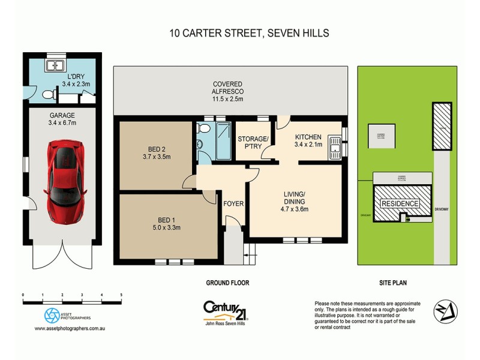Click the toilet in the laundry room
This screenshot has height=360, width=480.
coord(48,94)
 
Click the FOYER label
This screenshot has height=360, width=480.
coord(233,204)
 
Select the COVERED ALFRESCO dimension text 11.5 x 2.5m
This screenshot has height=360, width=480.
coord(231,99)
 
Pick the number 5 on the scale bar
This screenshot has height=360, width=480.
coord(122,295)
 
